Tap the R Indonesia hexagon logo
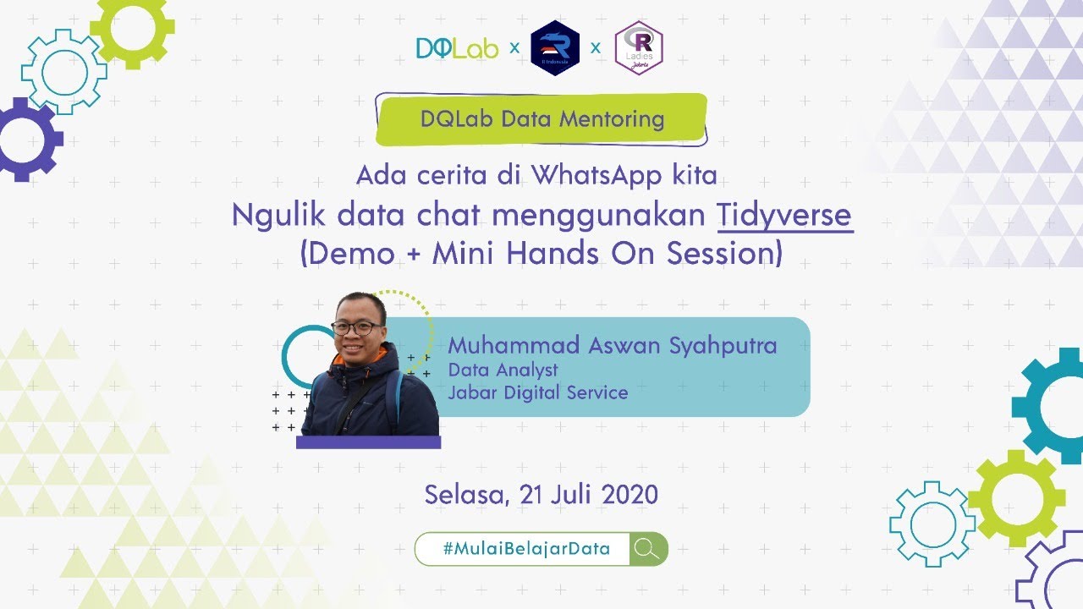pos(554,48)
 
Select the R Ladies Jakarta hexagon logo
pos(638,48)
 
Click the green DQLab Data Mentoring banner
pos(541,118)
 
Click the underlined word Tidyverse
pos(784,216)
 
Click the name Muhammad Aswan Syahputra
pos(612,346)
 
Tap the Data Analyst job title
pos(503,370)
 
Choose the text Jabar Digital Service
pos(538,392)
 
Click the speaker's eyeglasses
pos(358,326)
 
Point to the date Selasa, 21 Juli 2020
pos(541,494)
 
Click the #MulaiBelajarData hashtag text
pos(525,548)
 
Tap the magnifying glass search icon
pos(647,548)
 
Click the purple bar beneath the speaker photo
pos(368,442)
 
